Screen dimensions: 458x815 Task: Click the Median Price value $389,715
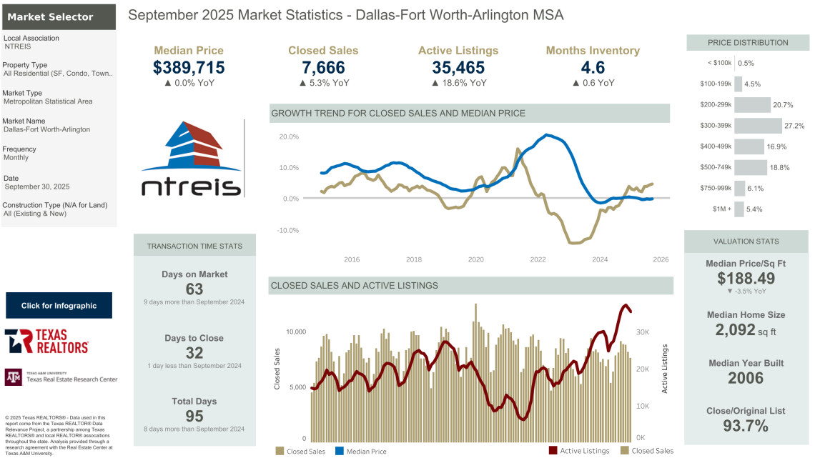pyautogui.click(x=189, y=68)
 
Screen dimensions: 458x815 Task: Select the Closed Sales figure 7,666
pyautogui.click(x=323, y=68)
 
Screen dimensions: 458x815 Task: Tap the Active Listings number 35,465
pyautogui.click(x=458, y=68)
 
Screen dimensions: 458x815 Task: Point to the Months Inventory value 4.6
pyautogui.click(x=593, y=68)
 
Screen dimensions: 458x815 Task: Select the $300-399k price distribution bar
pyautogui.click(x=758, y=126)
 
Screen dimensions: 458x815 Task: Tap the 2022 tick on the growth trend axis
pyautogui.click(x=538, y=259)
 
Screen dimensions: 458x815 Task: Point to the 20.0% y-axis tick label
pyautogui.click(x=289, y=136)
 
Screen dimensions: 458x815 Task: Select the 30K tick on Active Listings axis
pyautogui.click(x=643, y=332)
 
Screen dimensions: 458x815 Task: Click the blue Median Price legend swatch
pyautogui.click(x=340, y=451)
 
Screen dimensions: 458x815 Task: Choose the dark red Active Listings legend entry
pyautogui.click(x=578, y=451)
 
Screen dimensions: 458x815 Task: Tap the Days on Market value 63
pyautogui.click(x=194, y=289)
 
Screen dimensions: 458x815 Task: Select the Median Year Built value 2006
pyautogui.click(x=746, y=378)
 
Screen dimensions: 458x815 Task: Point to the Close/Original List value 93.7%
pyautogui.click(x=746, y=427)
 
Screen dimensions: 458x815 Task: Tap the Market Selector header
pyautogui.click(x=50, y=16)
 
